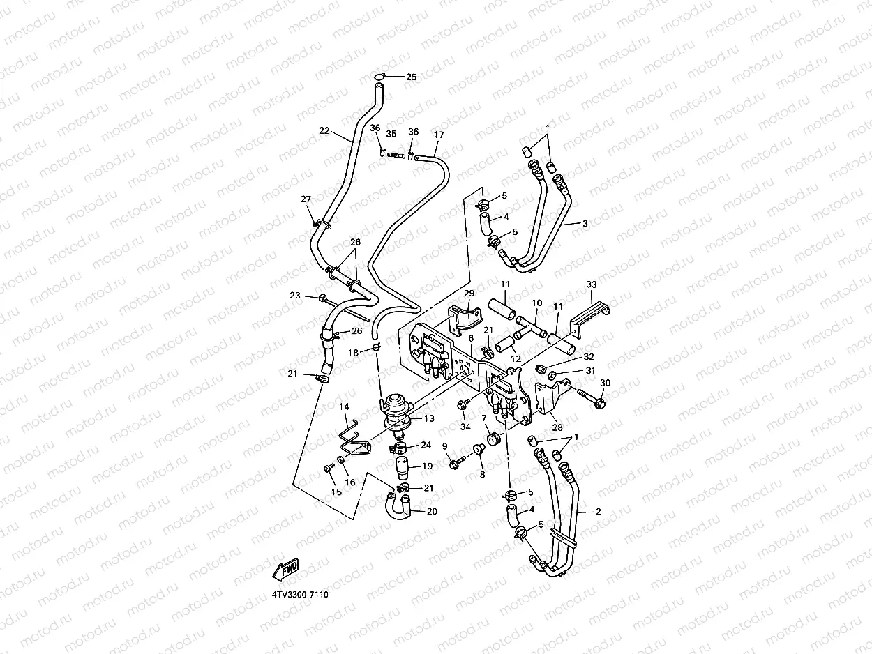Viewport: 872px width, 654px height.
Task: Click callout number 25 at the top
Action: [x=411, y=77]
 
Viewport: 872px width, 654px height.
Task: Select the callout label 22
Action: [x=324, y=130]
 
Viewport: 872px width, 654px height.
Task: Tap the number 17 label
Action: [x=438, y=134]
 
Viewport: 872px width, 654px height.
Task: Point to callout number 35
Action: [x=391, y=134]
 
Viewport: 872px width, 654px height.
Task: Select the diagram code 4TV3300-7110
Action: [x=300, y=595]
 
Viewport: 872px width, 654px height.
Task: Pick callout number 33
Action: [x=592, y=284]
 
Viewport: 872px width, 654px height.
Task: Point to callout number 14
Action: [x=344, y=406]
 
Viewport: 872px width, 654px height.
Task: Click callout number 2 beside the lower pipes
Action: [x=598, y=511]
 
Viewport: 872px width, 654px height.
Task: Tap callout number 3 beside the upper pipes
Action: [x=585, y=223]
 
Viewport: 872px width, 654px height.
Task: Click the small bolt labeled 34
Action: [x=462, y=405]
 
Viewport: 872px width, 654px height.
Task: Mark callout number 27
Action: [x=306, y=199]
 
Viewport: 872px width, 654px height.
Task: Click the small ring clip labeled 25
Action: [x=379, y=77]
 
